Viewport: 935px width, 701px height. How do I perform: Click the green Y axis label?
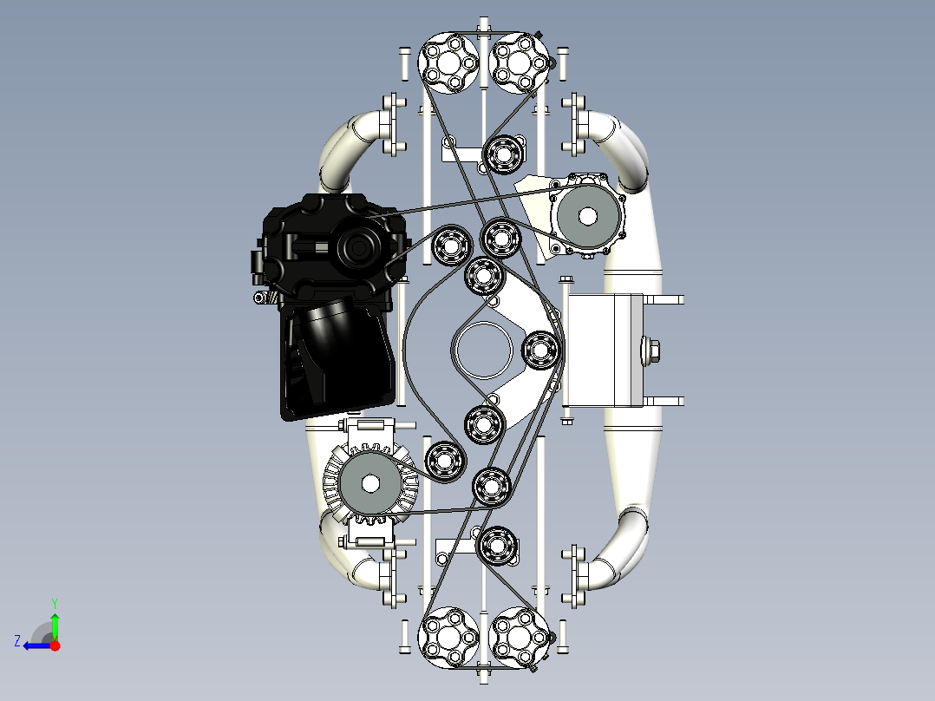tap(55, 603)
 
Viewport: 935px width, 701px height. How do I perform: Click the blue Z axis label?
tap(17, 641)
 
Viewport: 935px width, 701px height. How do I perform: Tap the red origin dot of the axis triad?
tap(55, 645)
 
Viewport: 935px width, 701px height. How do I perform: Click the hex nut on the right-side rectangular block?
tap(651, 350)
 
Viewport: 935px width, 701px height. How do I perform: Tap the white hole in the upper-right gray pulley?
tap(587, 216)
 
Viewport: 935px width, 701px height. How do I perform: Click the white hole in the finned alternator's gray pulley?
tap(370, 484)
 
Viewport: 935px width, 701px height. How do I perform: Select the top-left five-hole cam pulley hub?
tap(449, 63)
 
